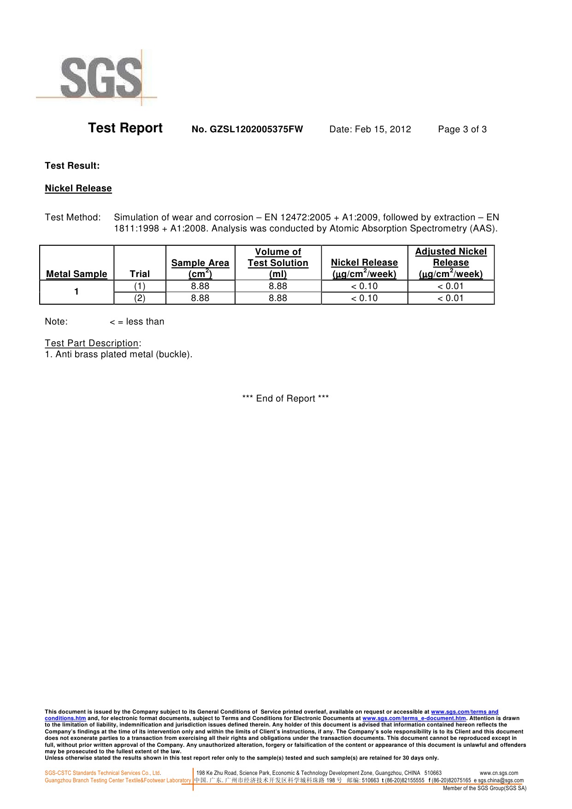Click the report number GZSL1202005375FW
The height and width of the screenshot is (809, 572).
click(x=247, y=130)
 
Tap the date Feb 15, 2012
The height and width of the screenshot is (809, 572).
click(x=370, y=130)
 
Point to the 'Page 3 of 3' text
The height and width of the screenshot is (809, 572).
click(x=462, y=130)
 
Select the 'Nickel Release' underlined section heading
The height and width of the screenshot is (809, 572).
click(x=78, y=189)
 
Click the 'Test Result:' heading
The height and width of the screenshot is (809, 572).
click(x=72, y=166)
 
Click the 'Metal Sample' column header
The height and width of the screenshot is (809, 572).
click(x=77, y=274)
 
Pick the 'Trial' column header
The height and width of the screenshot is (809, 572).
click(x=140, y=274)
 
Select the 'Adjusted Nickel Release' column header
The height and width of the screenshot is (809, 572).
click(x=451, y=263)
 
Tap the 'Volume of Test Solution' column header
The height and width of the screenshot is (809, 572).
click(x=278, y=263)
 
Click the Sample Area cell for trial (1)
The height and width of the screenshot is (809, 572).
click(x=200, y=286)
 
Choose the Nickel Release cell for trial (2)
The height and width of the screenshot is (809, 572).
click(x=364, y=298)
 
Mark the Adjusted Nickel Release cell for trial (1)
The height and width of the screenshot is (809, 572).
click(x=450, y=286)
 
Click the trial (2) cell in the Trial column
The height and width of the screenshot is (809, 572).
click(x=140, y=298)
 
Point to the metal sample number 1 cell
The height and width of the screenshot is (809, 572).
click(x=77, y=292)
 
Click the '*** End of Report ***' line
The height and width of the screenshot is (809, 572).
click(x=285, y=399)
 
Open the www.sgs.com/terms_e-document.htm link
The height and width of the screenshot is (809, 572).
click(x=414, y=718)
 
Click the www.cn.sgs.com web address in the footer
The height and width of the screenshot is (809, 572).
click(x=499, y=773)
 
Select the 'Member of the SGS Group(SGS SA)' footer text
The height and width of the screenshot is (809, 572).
click(x=484, y=788)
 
